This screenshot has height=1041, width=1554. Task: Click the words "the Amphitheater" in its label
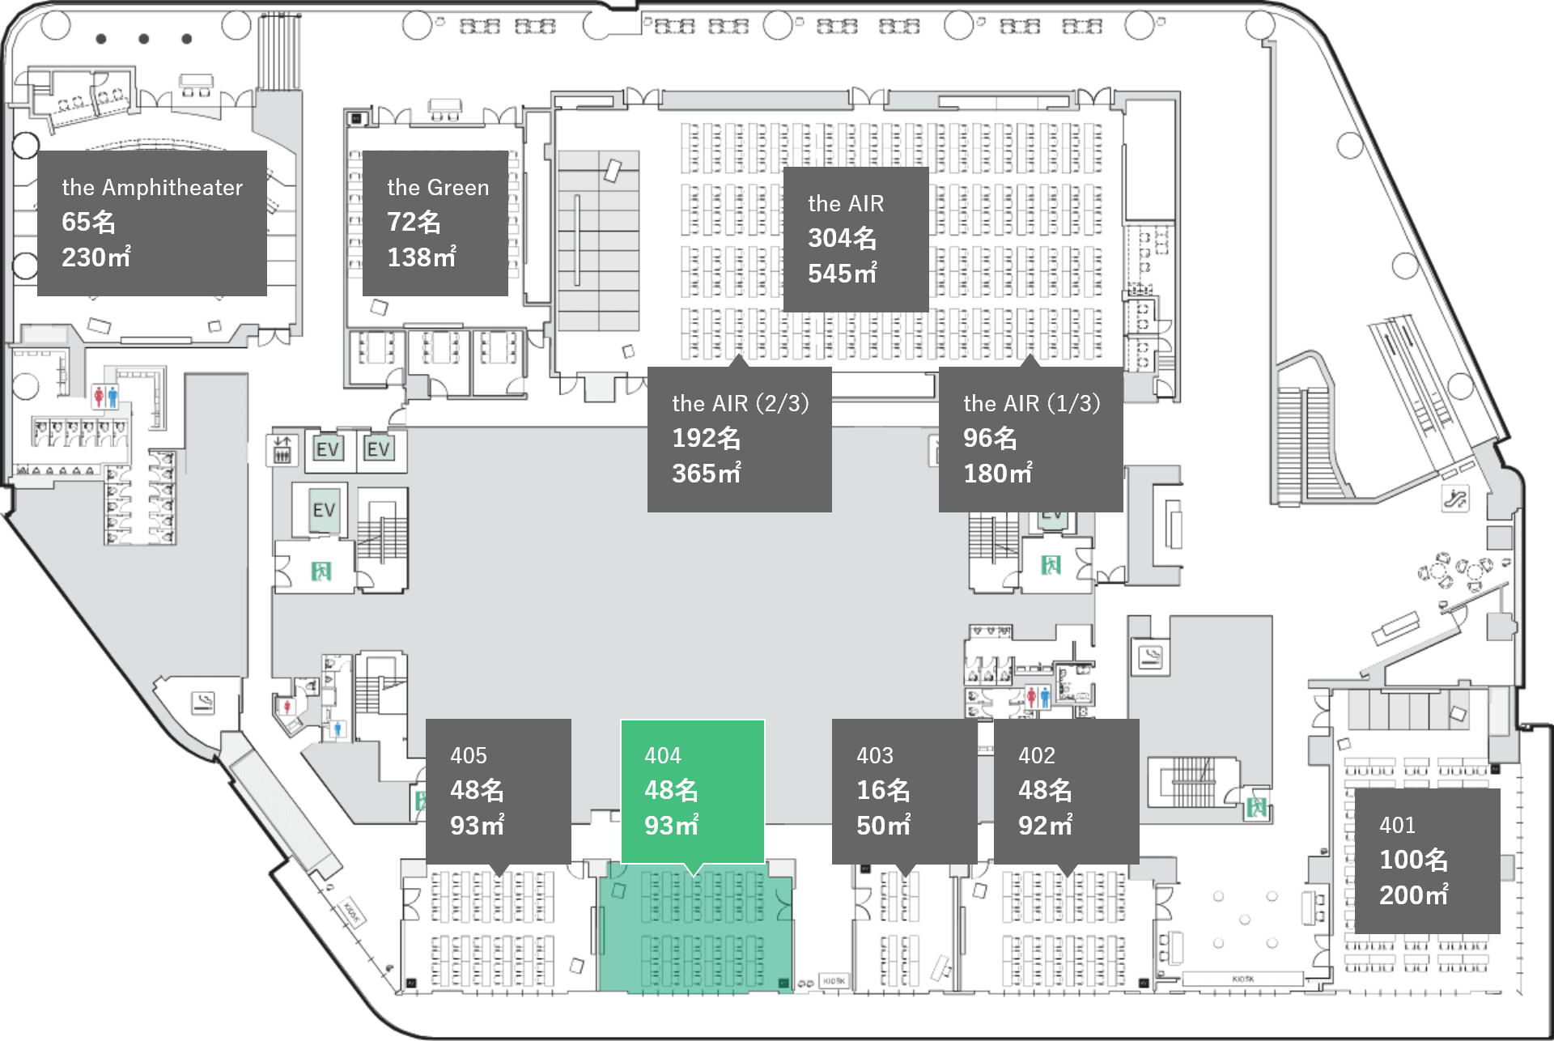click(x=152, y=188)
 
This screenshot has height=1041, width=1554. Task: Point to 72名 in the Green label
click(x=414, y=222)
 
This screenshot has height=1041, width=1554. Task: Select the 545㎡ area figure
click(x=842, y=274)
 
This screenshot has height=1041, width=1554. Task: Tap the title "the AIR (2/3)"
click(x=740, y=403)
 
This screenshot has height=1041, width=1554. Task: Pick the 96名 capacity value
click(x=990, y=438)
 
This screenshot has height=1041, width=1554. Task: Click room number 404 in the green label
click(x=663, y=755)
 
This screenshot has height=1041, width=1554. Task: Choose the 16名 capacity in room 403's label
click(x=883, y=790)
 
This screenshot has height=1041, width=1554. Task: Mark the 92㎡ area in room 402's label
click(x=1045, y=826)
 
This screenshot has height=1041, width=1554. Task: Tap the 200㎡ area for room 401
click(x=1413, y=895)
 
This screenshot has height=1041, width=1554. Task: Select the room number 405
click(x=469, y=755)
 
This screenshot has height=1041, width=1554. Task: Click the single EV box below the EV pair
click(x=324, y=510)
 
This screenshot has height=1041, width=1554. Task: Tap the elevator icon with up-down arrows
click(x=282, y=449)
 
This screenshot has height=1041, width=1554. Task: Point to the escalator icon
click(x=1454, y=498)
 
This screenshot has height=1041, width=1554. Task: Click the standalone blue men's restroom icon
click(x=338, y=729)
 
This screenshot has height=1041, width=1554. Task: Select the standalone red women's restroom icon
click(x=287, y=707)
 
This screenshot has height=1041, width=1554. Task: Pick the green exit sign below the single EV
click(x=321, y=571)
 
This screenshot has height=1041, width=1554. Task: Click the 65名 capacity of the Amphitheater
click(x=88, y=222)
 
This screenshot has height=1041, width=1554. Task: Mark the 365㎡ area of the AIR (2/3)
click(x=706, y=474)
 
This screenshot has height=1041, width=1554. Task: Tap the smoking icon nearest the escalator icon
click(x=1150, y=656)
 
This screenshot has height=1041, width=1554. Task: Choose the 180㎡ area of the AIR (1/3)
click(x=997, y=474)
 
